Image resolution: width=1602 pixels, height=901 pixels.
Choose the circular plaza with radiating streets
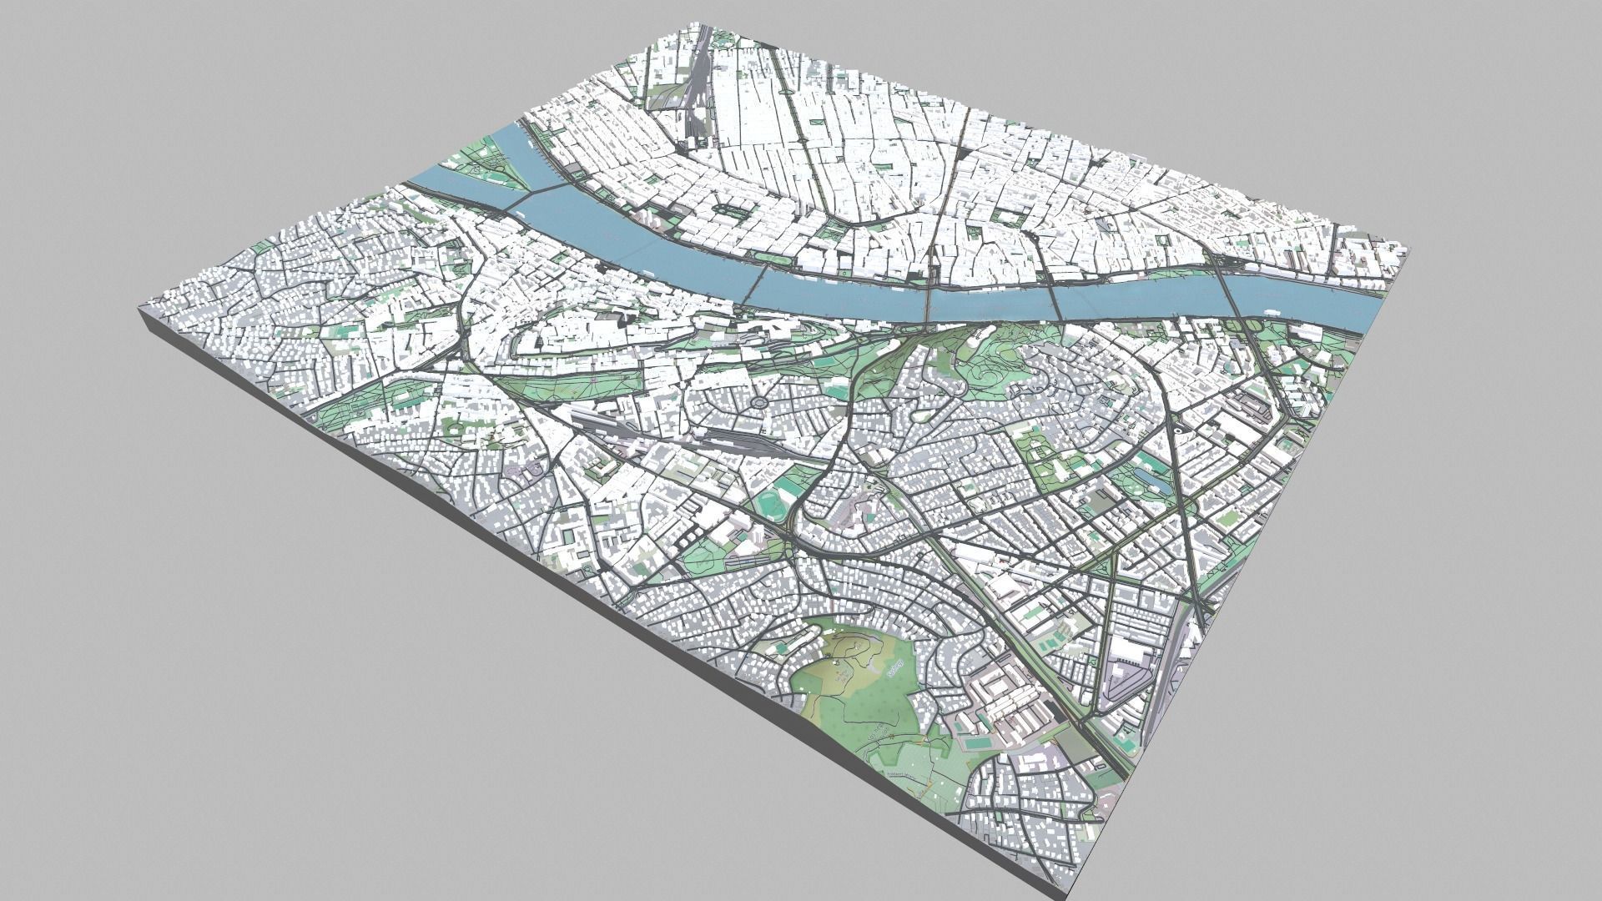(760, 405)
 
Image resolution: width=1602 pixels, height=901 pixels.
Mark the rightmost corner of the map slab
(1408, 249)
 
